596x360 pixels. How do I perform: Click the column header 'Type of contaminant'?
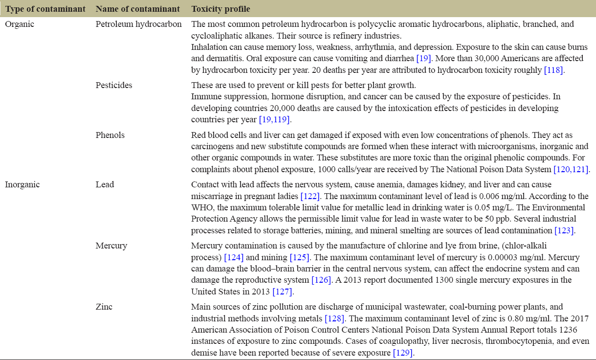[x=45, y=9]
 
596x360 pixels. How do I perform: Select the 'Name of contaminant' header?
[x=137, y=9]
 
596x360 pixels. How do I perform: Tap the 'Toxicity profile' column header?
[x=221, y=9]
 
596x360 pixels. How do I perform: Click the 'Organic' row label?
[x=20, y=24]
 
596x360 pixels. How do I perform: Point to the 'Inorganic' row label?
[x=22, y=184]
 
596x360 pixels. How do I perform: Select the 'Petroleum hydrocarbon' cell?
[x=138, y=24]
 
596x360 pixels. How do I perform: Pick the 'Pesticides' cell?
[x=114, y=85]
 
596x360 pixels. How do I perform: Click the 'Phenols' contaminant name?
[x=110, y=135]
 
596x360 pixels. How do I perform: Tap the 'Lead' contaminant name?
[x=105, y=184]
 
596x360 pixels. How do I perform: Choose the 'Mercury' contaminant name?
[x=111, y=246]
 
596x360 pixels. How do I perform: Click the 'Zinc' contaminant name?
[x=104, y=307]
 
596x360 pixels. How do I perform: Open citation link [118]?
[x=554, y=70]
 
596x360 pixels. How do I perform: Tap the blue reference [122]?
[x=310, y=196]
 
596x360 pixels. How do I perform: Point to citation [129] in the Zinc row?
[x=403, y=353]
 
